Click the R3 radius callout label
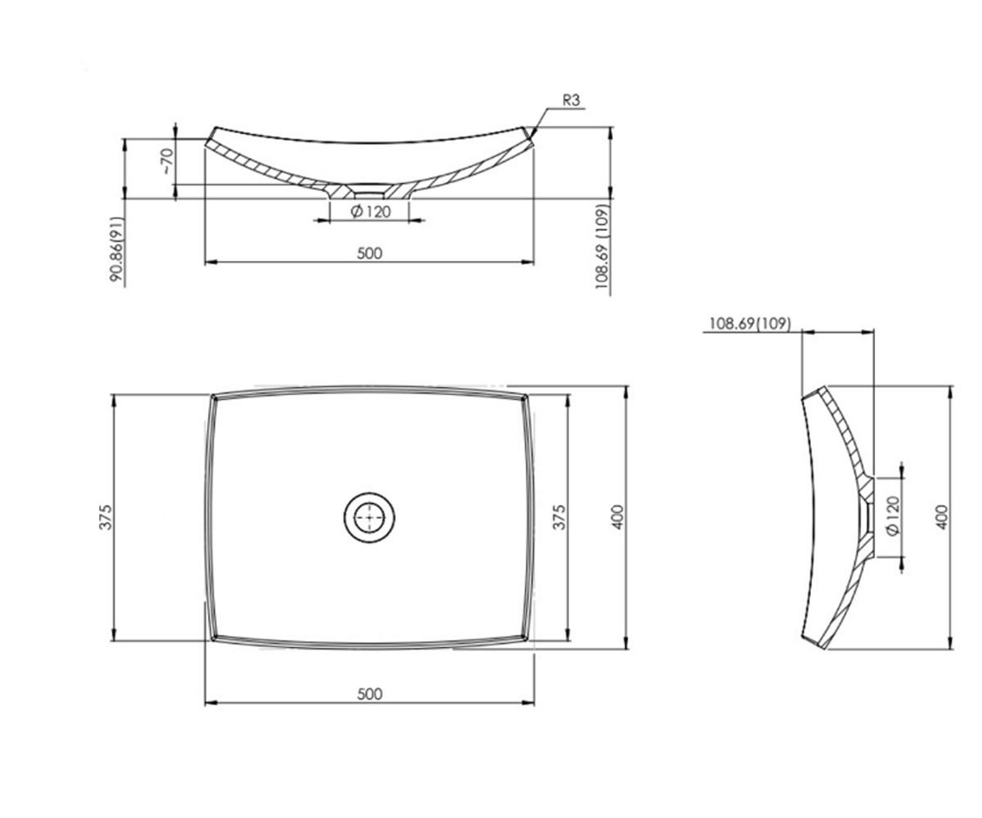click(571, 100)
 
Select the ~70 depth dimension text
click(167, 161)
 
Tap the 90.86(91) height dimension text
click(117, 249)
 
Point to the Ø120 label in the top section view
click(371, 212)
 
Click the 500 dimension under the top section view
click(370, 254)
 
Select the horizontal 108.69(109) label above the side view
click(750, 323)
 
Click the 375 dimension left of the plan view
click(106, 517)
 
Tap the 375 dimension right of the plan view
click(559, 517)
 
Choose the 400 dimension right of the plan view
click(618, 517)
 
